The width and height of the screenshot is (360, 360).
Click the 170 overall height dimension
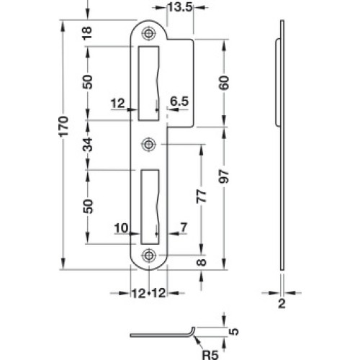click(65, 126)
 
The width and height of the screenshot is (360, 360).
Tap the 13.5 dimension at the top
click(180, 7)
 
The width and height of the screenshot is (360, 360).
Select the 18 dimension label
click(87, 33)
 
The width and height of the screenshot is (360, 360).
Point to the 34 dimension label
click(87, 145)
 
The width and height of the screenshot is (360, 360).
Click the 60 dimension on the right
click(224, 83)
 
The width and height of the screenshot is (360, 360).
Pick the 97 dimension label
click(224, 176)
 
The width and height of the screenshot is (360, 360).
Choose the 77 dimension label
click(202, 197)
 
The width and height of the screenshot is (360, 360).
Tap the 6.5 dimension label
click(179, 102)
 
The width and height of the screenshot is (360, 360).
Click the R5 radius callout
click(210, 354)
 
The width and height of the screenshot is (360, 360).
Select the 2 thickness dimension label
click(282, 304)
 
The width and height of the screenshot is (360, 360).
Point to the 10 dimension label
click(121, 228)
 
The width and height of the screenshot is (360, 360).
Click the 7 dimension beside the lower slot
click(184, 228)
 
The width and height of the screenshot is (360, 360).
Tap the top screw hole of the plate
click(149, 33)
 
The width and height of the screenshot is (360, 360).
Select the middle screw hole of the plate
click(149, 144)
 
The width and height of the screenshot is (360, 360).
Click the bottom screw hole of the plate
click(149, 256)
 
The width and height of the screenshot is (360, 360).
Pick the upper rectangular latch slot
click(148, 83)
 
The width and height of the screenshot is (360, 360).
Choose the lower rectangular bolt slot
click(150, 207)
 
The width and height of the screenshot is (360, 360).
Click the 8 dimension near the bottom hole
click(202, 262)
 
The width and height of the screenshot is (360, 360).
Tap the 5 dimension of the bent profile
click(234, 332)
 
